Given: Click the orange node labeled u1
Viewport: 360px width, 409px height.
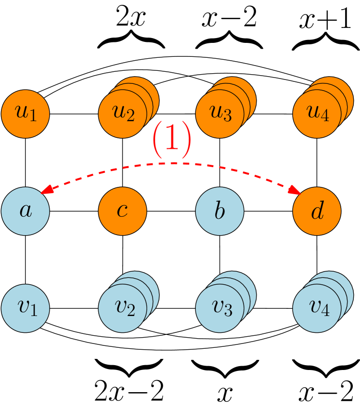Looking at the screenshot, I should [x=26, y=114].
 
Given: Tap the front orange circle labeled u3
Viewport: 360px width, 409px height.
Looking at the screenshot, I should [x=219, y=114].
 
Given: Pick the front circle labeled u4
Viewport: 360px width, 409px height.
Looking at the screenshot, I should [x=317, y=114].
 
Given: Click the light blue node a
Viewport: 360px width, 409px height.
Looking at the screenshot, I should [x=26, y=211].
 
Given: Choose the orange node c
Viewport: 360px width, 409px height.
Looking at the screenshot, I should [x=122, y=211].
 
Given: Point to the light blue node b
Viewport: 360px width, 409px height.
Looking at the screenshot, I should [x=219, y=211].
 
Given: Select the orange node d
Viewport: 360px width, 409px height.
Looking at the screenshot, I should [x=317, y=211].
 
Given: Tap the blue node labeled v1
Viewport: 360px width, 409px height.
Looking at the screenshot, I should [x=26, y=308].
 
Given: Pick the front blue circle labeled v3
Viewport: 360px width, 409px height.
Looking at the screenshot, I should [x=219, y=308].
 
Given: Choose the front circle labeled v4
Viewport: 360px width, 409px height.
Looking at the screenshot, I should [x=317, y=308].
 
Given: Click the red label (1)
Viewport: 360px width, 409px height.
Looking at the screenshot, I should [x=172, y=140].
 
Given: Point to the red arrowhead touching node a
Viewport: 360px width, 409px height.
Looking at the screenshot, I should [x=45, y=192].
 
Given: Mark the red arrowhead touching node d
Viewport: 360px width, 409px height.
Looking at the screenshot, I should [x=296, y=192].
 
